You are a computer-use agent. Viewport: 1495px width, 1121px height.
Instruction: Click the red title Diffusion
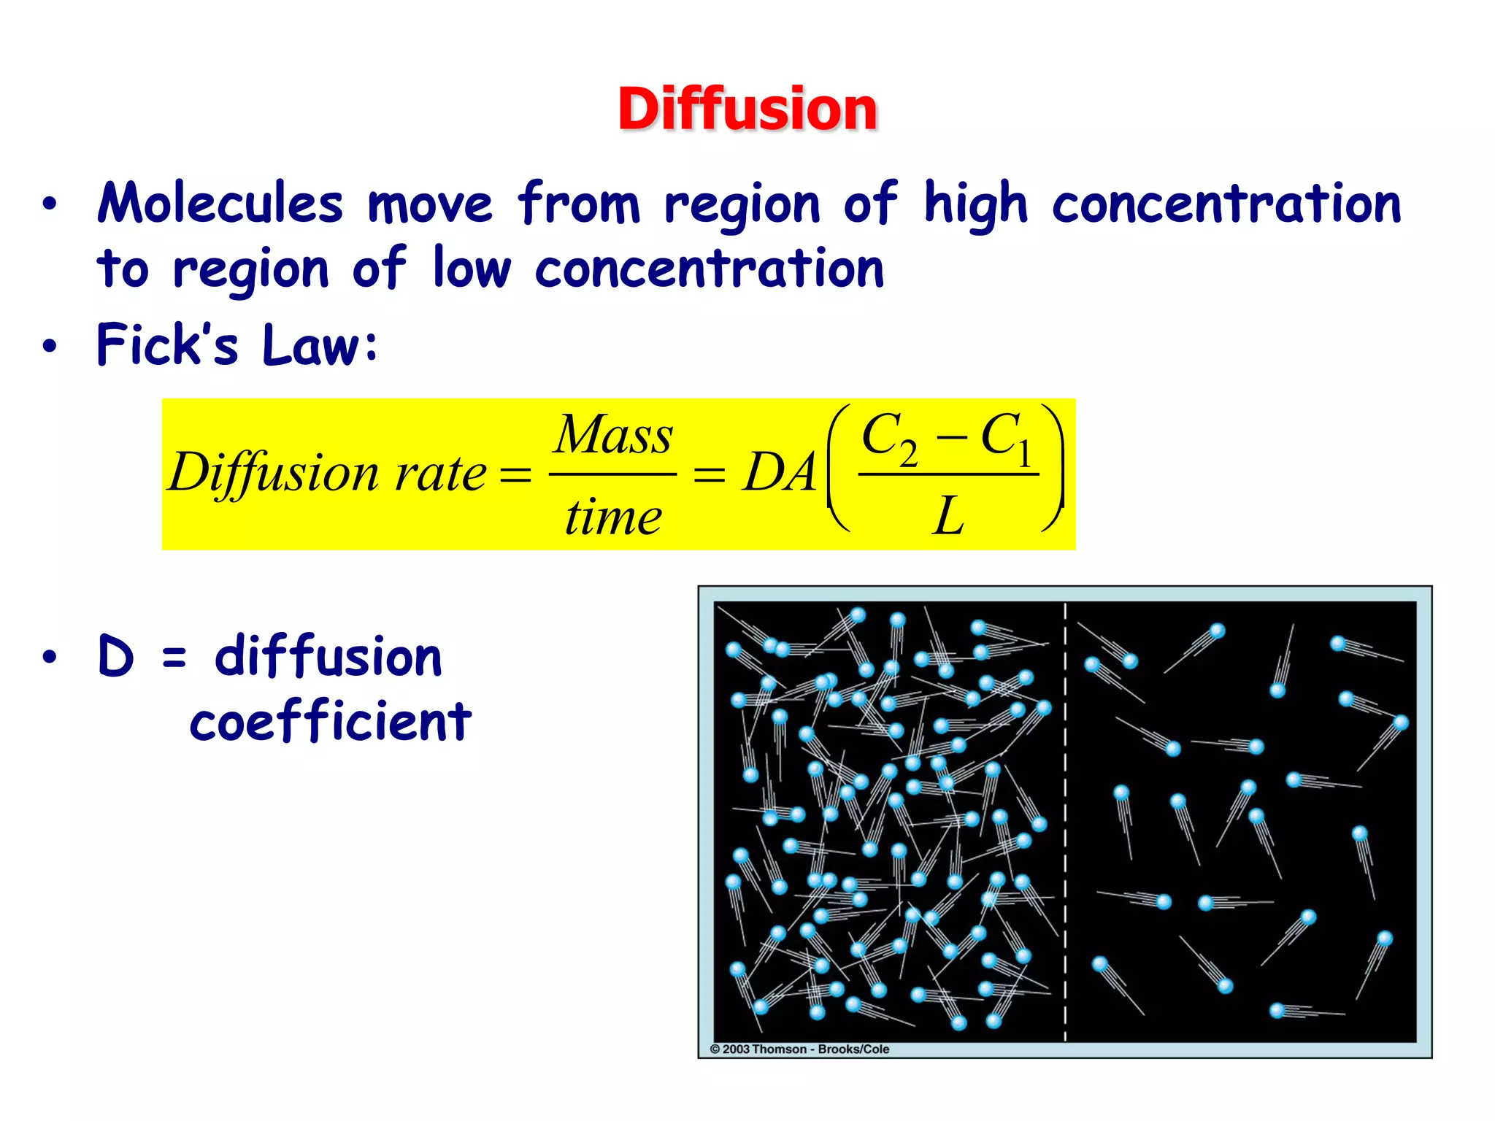[x=747, y=109]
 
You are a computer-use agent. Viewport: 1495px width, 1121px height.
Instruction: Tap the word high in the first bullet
[x=975, y=204]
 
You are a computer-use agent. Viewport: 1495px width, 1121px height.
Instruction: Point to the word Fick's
[x=168, y=344]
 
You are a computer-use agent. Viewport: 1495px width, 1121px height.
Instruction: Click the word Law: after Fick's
[x=320, y=344]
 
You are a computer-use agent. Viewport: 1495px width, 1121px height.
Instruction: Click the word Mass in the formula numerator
[x=613, y=436]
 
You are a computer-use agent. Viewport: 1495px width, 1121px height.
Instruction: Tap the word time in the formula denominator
[x=613, y=516]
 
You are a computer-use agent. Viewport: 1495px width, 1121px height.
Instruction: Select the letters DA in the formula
[x=779, y=473]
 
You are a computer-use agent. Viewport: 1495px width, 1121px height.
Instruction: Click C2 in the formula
[x=889, y=438]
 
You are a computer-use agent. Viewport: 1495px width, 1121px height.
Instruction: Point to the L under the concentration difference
[x=948, y=516]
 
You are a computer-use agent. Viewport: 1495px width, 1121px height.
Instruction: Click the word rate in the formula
[x=439, y=473]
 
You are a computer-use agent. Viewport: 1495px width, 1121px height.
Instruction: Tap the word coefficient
[x=331, y=721]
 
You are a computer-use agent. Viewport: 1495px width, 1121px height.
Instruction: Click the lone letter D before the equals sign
[x=116, y=656]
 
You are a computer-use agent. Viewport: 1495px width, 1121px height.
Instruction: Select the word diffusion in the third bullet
[x=328, y=656]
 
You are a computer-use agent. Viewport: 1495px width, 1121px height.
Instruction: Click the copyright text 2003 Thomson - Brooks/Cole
[x=800, y=1049]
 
